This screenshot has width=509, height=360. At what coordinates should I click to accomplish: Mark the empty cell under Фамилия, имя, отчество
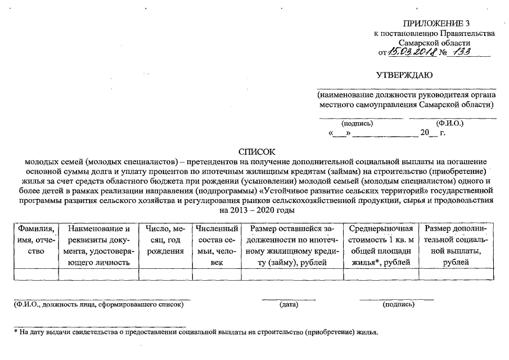[x=36, y=274]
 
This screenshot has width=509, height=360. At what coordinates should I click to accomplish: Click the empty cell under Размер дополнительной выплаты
[x=457, y=274]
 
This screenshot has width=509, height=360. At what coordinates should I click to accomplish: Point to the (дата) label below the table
[x=288, y=305]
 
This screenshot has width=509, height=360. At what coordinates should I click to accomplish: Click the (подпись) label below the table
[x=398, y=305]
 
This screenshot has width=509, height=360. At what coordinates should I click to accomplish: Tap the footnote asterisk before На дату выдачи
[x=16, y=332]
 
